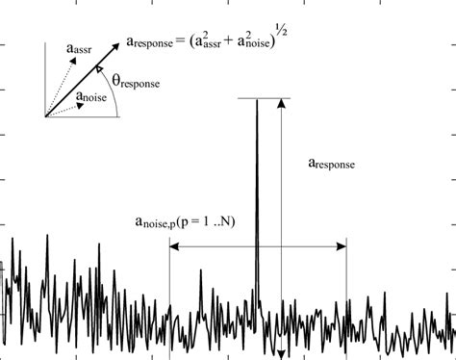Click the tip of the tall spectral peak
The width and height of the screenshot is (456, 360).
pos(257,99)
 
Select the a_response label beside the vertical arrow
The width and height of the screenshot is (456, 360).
pos(328,165)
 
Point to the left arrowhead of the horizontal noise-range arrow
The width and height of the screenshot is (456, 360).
pos(173,247)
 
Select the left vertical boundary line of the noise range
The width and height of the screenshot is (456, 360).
pos(169,289)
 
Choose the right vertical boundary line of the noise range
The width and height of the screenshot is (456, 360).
pos(346,289)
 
